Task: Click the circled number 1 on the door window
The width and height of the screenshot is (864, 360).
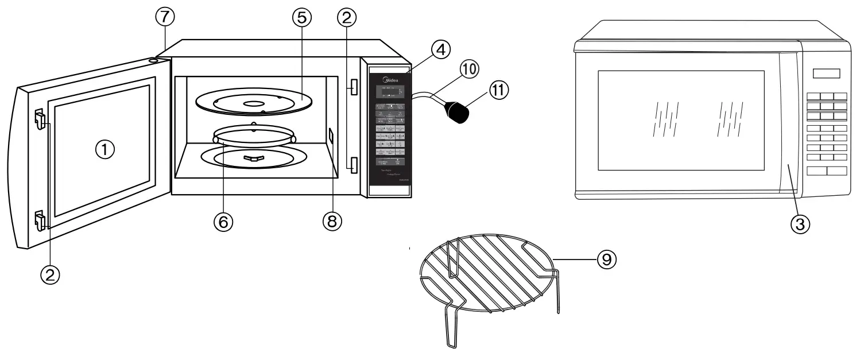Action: (x=105, y=150)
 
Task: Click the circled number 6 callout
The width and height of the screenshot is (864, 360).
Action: (x=224, y=222)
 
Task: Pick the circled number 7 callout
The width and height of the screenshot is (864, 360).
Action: (x=165, y=18)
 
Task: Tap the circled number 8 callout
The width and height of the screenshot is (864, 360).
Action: (x=332, y=221)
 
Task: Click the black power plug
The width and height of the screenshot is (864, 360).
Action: (x=458, y=111)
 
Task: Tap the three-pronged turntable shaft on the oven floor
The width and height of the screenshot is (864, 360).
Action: (x=252, y=158)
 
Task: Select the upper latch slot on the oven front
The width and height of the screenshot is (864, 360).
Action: (x=352, y=87)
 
